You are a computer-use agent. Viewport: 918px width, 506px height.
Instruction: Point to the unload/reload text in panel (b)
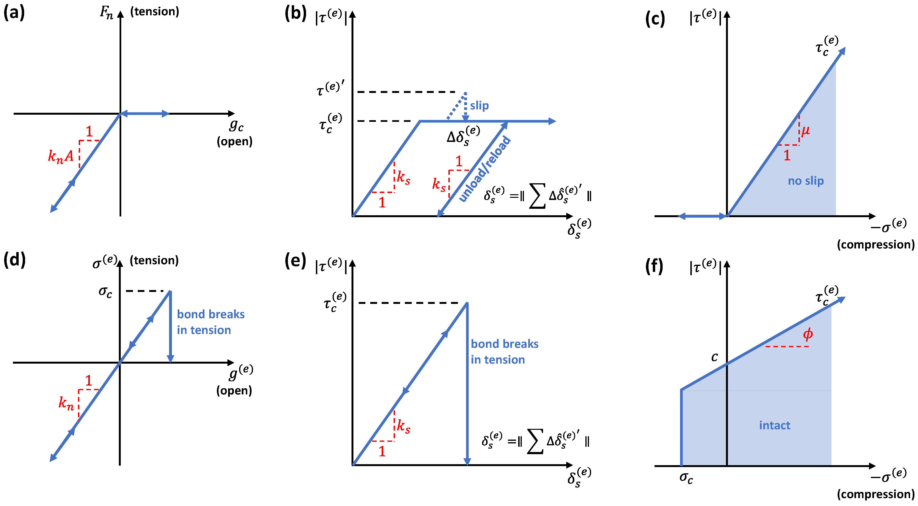pyautogui.click(x=485, y=169)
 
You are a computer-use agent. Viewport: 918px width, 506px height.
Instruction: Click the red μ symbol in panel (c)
pyautogui.click(x=805, y=130)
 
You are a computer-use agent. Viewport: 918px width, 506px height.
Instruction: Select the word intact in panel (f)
pyautogui.click(x=774, y=425)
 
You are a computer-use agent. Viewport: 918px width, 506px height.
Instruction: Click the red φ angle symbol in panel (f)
pyautogui.click(x=808, y=334)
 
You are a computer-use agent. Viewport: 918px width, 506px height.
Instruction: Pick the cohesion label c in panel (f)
pyautogui.click(x=714, y=357)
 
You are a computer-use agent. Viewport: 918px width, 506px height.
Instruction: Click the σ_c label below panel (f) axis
pyautogui.click(x=686, y=477)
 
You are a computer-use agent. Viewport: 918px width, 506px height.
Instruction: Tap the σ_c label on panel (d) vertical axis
pyautogui.click(x=105, y=292)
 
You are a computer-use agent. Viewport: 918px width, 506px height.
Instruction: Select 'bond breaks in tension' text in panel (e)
pyautogui.click(x=504, y=351)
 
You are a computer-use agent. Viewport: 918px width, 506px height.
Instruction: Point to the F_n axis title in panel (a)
pyautogui.click(x=106, y=12)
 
